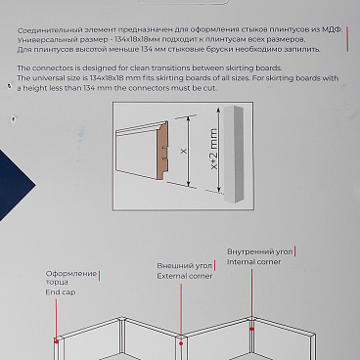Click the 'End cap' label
click(61, 292)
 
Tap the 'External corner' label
click(185, 276)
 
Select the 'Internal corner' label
click(253, 262)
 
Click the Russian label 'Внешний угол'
click(185, 266)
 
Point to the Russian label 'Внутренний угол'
click(260, 251)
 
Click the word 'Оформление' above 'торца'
click(71, 274)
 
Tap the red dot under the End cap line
click(57, 341)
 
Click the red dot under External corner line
click(181, 343)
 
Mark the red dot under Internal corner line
click(251, 329)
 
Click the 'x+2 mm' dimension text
click(213, 149)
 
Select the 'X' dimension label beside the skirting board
click(184, 151)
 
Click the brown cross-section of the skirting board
click(162, 151)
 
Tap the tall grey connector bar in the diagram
click(233, 154)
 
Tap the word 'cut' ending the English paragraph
click(209, 88)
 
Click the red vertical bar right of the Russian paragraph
click(347, 39)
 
